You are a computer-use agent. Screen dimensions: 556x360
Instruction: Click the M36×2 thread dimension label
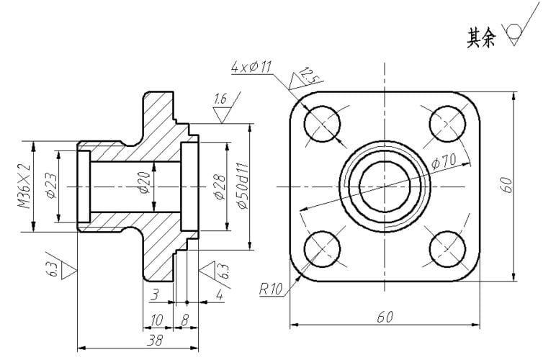(x=24, y=186)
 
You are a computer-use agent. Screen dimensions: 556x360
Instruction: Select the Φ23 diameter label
(x=51, y=185)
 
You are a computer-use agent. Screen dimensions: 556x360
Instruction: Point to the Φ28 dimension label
(x=220, y=187)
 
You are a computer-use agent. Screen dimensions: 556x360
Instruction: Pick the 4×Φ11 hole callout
(x=251, y=67)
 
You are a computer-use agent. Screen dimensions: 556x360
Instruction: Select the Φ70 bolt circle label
(x=444, y=161)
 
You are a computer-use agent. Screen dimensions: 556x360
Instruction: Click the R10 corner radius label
(x=272, y=289)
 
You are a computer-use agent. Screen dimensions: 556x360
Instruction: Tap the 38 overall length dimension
(x=155, y=341)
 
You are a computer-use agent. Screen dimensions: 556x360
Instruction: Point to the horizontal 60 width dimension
(x=385, y=317)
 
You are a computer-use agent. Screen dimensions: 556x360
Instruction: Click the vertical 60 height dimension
(x=508, y=184)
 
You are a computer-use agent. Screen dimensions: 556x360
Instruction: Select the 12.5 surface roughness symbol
(x=304, y=78)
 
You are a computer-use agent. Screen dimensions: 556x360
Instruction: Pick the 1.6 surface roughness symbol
(x=226, y=107)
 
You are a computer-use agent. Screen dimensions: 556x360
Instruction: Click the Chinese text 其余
(x=480, y=38)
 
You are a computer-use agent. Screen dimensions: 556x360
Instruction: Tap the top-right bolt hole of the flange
(x=447, y=124)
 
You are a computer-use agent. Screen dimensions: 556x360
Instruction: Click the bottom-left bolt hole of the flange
(x=323, y=248)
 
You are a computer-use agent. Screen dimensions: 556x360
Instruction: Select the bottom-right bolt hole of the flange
(x=447, y=248)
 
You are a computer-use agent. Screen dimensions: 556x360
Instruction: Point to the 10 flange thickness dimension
(x=156, y=320)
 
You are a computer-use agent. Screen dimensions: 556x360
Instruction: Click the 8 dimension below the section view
(x=184, y=320)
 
